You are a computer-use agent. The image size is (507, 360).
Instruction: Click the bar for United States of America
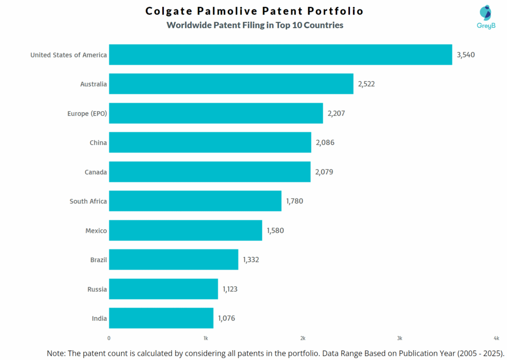[280, 54]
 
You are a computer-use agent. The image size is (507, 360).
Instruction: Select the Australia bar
[231, 84]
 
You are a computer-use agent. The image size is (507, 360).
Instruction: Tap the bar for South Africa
[195, 201]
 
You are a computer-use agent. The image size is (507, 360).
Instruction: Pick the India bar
[161, 318]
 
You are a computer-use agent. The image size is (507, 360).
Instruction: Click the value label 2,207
[336, 113]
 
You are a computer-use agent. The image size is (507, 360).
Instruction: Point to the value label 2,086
[325, 143]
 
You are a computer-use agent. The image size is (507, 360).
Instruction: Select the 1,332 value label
[251, 259]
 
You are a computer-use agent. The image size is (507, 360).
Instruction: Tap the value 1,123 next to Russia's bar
[230, 289]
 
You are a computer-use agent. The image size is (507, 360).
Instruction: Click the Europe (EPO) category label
[87, 113]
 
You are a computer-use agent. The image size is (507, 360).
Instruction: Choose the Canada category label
[96, 172]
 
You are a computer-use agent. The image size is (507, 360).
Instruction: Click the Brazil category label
[99, 259]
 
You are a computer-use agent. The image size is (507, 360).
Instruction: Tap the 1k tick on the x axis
[205, 338]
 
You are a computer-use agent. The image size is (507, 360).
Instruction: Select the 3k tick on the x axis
[400, 338]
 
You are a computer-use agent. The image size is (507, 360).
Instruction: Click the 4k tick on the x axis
[496, 338]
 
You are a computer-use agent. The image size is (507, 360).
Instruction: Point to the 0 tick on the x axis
[109, 338]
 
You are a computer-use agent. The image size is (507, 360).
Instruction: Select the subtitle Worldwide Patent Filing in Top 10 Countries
[254, 25]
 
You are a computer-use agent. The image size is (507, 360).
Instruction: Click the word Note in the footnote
[56, 353]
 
